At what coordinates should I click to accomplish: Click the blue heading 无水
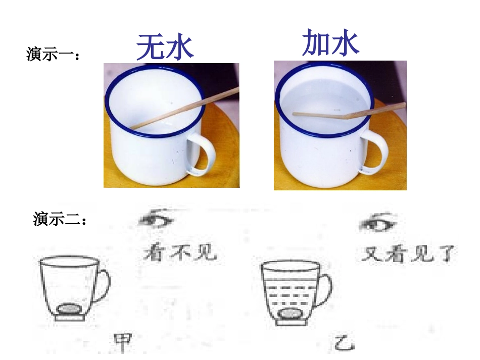click(x=165, y=47)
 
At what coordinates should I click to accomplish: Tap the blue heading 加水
click(x=330, y=42)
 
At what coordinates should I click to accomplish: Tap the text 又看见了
click(x=408, y=253)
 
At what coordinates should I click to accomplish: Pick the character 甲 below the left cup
click(x=122, y=343)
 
